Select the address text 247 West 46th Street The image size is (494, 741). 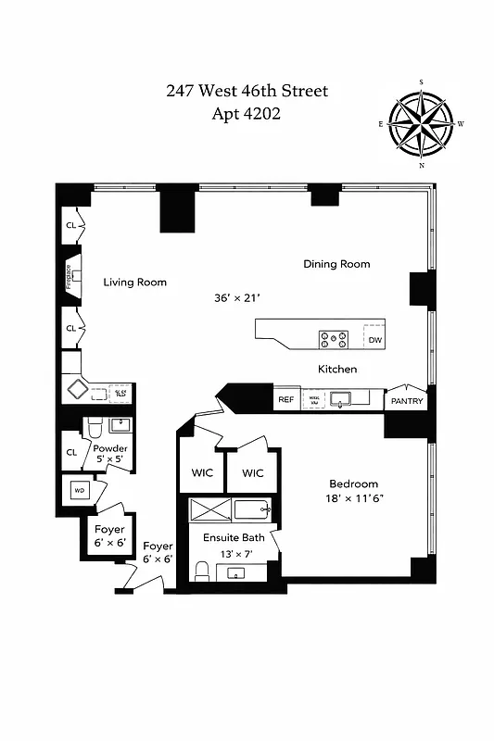(x=247, y=91)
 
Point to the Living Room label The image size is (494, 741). (x=135, y=282)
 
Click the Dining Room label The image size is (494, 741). (x=336, y=264)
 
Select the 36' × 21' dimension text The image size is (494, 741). (x=236, y=298)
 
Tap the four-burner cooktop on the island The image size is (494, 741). (x=334, y=339)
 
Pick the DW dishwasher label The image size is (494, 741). (x=374, y=340)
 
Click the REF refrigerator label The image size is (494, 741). (x=285, y=400)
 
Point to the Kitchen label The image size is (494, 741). (x=337, y=369)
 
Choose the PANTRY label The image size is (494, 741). (x=407, y=401)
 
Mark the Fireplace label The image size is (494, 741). (x=69, y=275)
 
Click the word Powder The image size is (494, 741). (x=110, y=448)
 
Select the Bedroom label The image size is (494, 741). (x=354, y=484)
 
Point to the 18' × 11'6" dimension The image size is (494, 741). (x=354, y=499)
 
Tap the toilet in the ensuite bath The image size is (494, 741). (x=203, y=568)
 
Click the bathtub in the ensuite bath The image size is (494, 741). (x=250, y=509)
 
